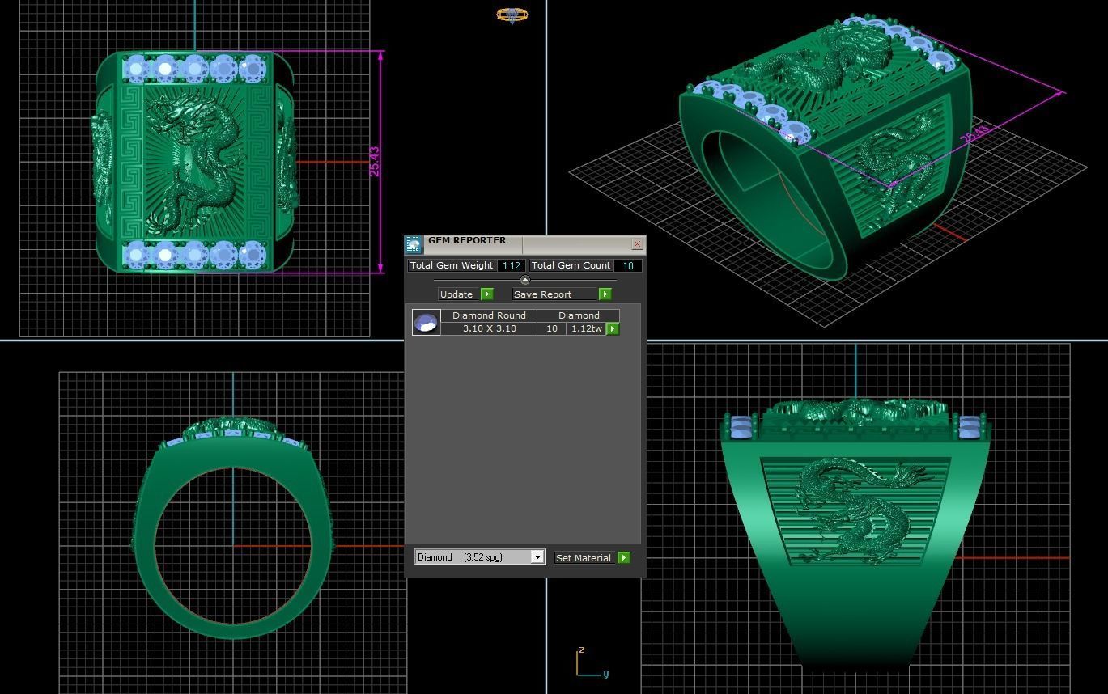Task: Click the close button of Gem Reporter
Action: (637, 243)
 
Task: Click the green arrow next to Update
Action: (486, 294)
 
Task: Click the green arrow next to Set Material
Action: (623, 558)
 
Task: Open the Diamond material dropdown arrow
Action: (537, 557)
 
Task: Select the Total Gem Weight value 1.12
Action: (511, 265)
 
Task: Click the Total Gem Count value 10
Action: (628, 265)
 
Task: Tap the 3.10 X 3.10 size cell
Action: (489, 328)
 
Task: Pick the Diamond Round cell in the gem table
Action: (489, 315)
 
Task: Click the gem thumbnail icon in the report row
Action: (426, 322)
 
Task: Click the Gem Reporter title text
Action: (467, 241)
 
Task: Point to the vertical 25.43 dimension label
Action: (373, 162)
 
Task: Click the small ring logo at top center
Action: (512, 15)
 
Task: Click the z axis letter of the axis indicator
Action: (581, 650)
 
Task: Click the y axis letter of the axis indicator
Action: (605, 674)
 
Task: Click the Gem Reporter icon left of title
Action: (414, 244)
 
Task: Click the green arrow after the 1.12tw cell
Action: (613, 328)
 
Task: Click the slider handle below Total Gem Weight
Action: (524, 280)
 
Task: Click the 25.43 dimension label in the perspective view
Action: (975, 134)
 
